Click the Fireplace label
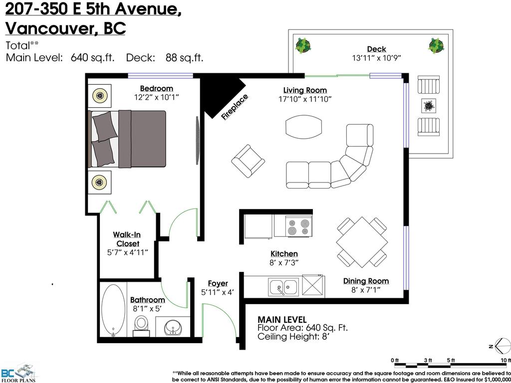coord(235,107)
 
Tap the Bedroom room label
coord(156,89)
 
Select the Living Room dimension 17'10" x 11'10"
coord(305,99)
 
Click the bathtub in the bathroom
coord(114,310)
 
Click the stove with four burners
coord(299,227)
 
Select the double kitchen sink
coord(283,287)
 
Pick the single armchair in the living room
coord(248,161)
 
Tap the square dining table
coord(362,242)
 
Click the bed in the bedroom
coord(127,139)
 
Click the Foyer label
coord(218,283)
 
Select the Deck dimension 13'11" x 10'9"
coord(376,57)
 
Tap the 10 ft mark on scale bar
coord(505,360)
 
